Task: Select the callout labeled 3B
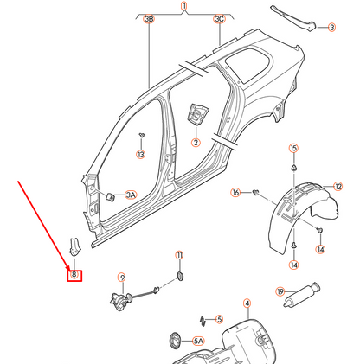(x=149, y=18)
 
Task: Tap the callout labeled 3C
(x=219, y=18)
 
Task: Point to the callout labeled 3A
(x=131, y=195)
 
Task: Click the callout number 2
(x=196, y=143)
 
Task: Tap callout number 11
(x=180, y=255)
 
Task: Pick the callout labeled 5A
(x=197, y=342)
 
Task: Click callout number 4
(x=247, y=303)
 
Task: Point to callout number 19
(x=280, y=292)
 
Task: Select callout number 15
(x=292, y=149)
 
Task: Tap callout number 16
(x=235, y=192)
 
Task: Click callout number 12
(x=338, y=185)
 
